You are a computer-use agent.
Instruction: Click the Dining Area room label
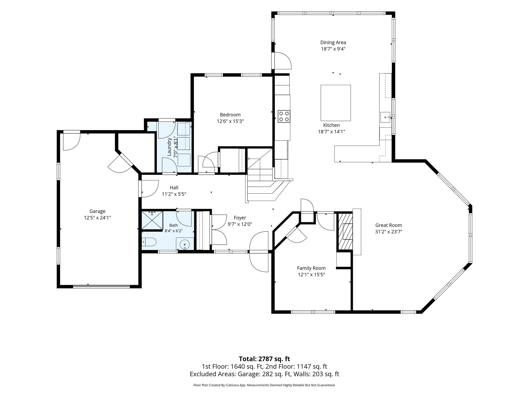pos(333,43)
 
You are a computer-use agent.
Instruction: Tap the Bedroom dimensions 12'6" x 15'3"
pos(230,121)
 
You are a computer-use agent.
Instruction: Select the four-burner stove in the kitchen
pos(284,116)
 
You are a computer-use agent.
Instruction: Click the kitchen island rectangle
pos(336,103)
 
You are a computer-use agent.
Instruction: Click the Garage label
pos(97,211)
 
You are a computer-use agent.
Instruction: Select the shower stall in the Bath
pos(152,220)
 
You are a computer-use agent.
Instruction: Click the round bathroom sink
pos(184,244)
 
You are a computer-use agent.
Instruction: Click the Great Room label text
pos(388,225)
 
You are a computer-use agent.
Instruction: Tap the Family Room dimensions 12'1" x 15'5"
pos(311,275)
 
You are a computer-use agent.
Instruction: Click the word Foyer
pos(240,218)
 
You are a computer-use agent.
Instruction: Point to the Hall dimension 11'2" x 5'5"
pos(174,194)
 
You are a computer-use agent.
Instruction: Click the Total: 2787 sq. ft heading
pos(264,359)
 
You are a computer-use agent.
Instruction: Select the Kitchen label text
pos(331,125)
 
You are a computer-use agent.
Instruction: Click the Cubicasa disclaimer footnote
pos(264,385)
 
